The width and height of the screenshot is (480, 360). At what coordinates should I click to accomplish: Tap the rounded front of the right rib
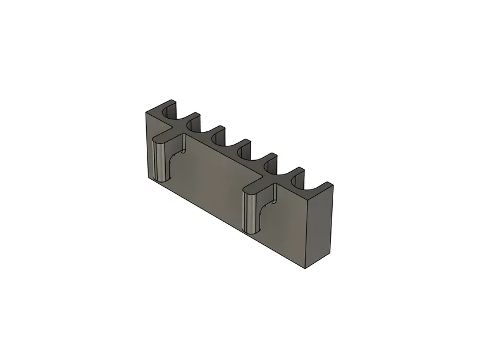click(249, 214)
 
